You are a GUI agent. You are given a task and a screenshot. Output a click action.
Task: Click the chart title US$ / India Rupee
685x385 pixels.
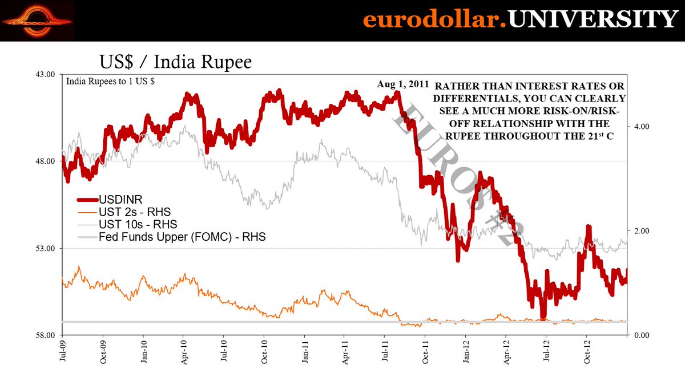pos(175,62)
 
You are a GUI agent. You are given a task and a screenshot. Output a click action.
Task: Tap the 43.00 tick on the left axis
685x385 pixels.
pos(46,74)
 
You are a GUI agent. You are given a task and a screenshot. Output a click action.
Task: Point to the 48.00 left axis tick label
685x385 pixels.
pos(46,161)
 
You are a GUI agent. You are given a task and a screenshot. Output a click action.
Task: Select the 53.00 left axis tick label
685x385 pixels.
pos(46,248)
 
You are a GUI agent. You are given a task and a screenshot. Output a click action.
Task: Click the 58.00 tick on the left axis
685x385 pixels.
pos(46,335)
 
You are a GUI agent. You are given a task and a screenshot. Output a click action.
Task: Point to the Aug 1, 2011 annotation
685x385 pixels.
pos(403,84)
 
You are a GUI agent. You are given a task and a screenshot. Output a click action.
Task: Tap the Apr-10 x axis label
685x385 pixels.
pos(183,351)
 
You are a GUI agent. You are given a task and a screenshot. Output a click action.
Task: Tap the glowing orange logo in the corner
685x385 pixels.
pos(38,21)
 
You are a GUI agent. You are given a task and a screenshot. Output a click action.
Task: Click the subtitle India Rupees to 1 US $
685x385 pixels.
pos(111,81)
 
